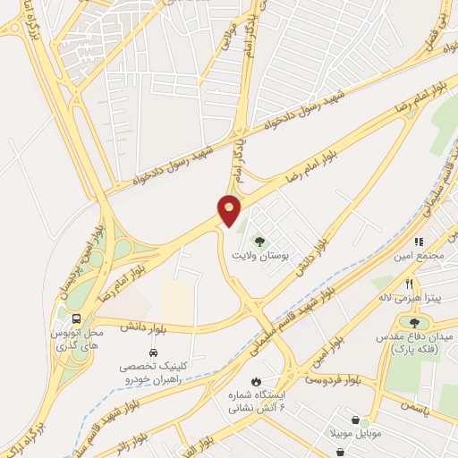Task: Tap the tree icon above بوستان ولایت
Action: (x=259, y=241)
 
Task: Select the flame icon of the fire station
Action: (x=257, y=381)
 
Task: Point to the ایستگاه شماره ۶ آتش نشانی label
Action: (x=257, y=402)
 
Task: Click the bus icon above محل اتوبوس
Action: (x=75, y=318)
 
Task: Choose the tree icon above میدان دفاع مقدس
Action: (x=413, y=322)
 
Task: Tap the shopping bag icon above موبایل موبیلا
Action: (x=356, y=420)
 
